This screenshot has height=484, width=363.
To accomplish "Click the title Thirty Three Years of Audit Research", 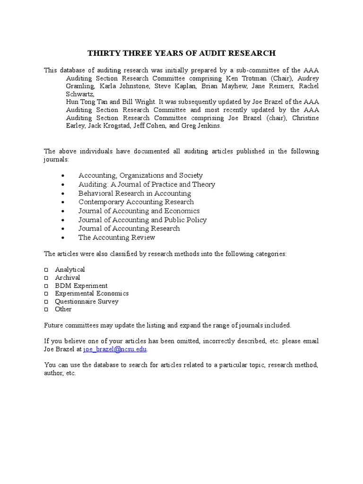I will click(181, 53).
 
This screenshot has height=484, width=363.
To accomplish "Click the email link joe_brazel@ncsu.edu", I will click(115, 349).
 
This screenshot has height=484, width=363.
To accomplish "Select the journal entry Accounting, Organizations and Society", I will click(140, 175).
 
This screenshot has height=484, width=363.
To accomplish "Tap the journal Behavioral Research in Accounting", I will click(135, 193).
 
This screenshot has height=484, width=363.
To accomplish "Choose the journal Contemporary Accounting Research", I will click(136, 202).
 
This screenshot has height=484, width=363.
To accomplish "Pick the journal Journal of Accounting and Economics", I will click(139, 211).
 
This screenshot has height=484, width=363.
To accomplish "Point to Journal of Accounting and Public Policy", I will click(142, 220).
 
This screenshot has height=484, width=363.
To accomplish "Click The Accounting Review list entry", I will click(117, 237).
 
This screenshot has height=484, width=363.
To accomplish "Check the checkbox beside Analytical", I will click(46, 270).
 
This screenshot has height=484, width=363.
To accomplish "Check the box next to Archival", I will click(46, 278).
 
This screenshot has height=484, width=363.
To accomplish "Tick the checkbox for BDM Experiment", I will click(46, 286).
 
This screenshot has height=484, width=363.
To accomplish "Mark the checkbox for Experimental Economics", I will click(46, 294).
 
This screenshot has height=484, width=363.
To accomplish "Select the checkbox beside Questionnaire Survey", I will click(46, 302).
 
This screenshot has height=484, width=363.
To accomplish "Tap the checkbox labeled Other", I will click(46, 310).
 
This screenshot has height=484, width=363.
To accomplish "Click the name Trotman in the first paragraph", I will click(262, 78).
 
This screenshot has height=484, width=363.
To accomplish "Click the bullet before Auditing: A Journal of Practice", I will click(63, 185).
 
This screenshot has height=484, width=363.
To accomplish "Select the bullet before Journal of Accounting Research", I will click(63, 229).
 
